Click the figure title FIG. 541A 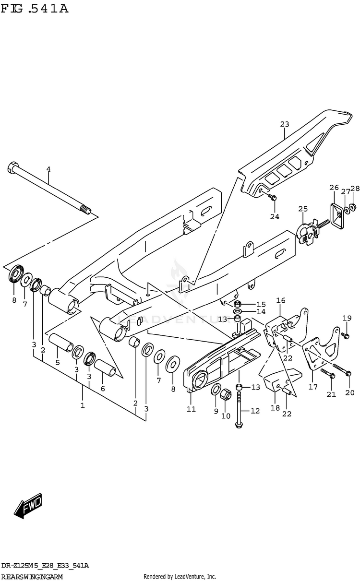tap(34, 8)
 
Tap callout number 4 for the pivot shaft tap(48, 169)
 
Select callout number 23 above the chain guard tap(285, 124)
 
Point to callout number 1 tap(83, 405)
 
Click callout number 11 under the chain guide tap(191, 409)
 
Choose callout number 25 tap(302, 209)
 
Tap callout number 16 tap(281, 300)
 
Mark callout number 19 tap(347, 318)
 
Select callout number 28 tap(355, 188)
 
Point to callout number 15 tap(261, 304)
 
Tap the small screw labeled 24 tap(273, 197)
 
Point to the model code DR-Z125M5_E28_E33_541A tap(45, 566)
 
